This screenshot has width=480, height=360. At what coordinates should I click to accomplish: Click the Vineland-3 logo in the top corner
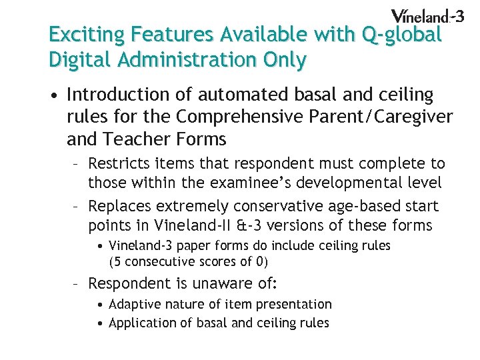427,16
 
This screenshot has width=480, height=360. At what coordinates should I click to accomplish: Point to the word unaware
223,283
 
